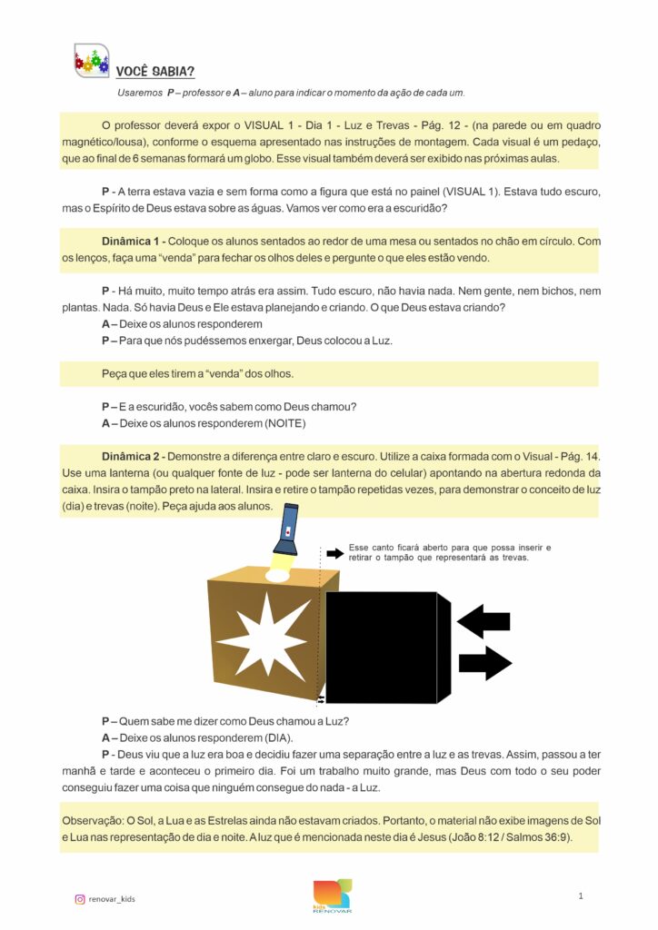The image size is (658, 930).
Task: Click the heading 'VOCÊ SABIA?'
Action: point(155,72)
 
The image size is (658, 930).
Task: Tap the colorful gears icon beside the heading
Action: point(91,61)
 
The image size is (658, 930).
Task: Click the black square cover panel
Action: point(381,647)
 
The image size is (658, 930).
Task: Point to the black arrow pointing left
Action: point(484,622)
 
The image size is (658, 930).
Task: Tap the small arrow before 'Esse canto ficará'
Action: point(334,553)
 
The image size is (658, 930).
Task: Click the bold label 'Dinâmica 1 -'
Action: point(134,242)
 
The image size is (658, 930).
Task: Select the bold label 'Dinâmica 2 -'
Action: point(134,454)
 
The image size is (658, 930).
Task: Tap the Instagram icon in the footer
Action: point(80,899)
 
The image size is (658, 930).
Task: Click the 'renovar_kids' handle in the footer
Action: point(112,899)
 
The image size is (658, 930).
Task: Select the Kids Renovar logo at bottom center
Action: point(332,895)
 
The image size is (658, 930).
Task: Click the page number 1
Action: point(580,896)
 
